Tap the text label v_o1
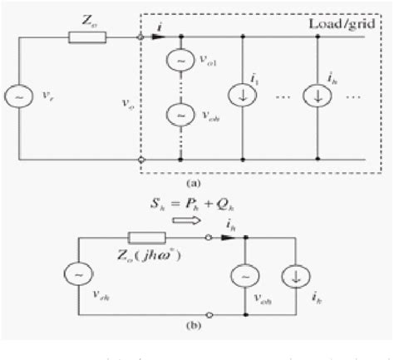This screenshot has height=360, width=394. click(x=200, y=61)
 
